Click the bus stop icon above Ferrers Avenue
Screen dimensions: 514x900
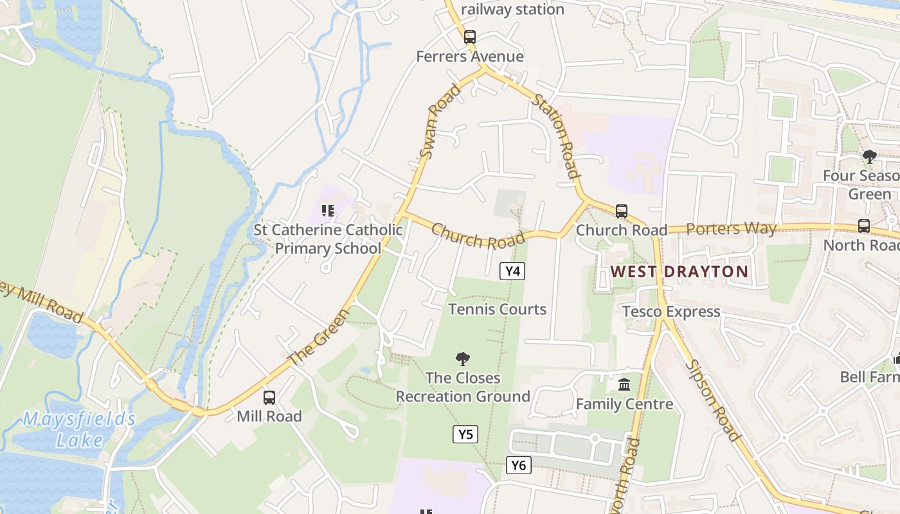pyautogui.click(x=470, y=37)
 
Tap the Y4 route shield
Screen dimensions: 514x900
pyautogui.click(x=512, y=271)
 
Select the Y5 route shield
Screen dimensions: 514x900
pyautogui.click(x=465, y=434)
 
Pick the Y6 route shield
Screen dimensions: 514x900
pyautogui.click(x=518, y=465)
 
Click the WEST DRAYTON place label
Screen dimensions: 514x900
pyautogui.click(x=679, y=271)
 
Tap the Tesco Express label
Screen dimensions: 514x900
pyautogui.click(x=671, y=312)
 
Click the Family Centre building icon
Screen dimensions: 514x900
pyautogui.click(x=624, y=385)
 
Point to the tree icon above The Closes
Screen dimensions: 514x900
pyautogui.click(x=462, y=359)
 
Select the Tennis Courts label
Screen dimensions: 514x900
pyautogui.click(x=498, y=309)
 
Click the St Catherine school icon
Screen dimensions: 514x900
pyautogui.click(x=328, y=211)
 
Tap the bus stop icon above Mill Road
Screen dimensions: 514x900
pyautogui.click(x=269, y=398)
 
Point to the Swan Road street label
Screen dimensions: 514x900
pyautogui.click(x=440, y=121)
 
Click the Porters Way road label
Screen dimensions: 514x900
pyautogui.click(x=732, y=228)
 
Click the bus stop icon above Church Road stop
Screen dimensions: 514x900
pyautogui.click(x=621, y=211)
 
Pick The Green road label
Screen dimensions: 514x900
pyautogui.click(x=319, y=337)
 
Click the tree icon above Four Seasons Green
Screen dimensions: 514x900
pyautogui.click(x=870, y=156)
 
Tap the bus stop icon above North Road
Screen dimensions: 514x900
pyautogui.click(x=864, y=226)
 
